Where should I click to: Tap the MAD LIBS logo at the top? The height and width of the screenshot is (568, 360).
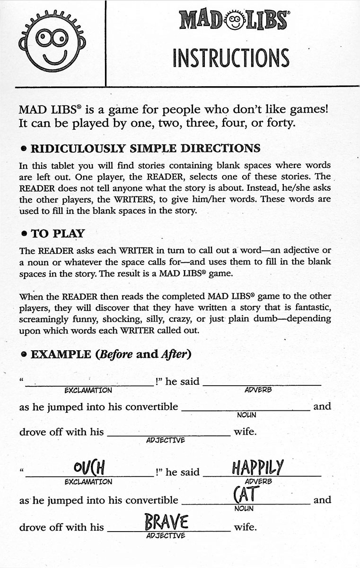pyautogui.click(x=234, y=20)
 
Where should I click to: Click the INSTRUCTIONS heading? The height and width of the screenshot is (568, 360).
pyautogui.click(x=231, y=58)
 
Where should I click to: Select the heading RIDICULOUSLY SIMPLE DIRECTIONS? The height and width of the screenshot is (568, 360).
pyautogui.click(x=145, y=148)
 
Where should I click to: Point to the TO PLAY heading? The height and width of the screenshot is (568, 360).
pyautogui.click(x=58, y=233)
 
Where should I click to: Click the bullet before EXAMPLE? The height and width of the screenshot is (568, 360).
pyautogui.click(x=23, y=355)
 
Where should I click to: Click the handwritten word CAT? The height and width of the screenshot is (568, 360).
pyautogui.click(x=246, y=495)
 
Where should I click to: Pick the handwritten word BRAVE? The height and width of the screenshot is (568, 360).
pyautogui.click(x=167, y=523)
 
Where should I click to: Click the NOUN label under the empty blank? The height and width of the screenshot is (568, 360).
pyautogui.click(x=246, y=415)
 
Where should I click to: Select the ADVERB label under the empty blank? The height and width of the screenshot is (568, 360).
pyautogui.click(x=258, y=390)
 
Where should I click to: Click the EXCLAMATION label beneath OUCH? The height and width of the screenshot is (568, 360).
pyautogui.click(x=88, y=482)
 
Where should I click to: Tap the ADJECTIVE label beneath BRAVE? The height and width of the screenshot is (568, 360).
pyautogui.click(x=166, y=535)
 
